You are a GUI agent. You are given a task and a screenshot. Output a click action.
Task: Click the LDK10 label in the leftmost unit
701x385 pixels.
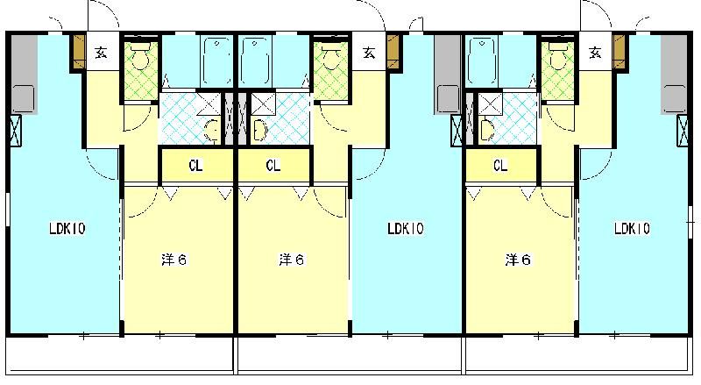click(67, 230)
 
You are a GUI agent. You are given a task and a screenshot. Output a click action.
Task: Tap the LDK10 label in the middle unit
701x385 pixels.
click(406, 230)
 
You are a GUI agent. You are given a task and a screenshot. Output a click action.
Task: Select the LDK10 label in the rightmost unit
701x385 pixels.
click(631, 230)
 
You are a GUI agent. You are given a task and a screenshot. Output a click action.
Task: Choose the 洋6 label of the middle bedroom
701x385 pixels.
click(291, 260)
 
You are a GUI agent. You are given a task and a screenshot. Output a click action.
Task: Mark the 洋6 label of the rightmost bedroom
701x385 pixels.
click(518, 260)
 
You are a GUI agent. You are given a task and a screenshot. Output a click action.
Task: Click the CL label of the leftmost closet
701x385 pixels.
click(196, 165)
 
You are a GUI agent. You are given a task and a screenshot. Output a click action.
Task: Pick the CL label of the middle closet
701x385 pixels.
click(273, 165)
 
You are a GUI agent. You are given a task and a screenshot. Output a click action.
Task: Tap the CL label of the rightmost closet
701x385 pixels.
click(501, 165)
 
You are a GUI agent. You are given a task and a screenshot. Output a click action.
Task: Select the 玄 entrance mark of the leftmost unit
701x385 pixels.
click(102, 53)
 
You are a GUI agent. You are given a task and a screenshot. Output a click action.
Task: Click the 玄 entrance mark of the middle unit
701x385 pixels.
click(369, 53)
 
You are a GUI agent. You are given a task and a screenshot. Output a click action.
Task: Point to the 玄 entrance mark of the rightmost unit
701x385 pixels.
click(596, 53)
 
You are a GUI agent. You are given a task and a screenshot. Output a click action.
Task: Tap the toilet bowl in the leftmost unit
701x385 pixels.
click(139, 58)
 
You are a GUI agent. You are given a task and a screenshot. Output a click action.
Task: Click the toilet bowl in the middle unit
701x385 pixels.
click(330, 58)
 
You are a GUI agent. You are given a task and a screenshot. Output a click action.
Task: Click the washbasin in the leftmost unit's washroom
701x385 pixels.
click(211, 132)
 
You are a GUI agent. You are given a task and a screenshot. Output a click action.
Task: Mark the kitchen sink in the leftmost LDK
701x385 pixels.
click(24, 96)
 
